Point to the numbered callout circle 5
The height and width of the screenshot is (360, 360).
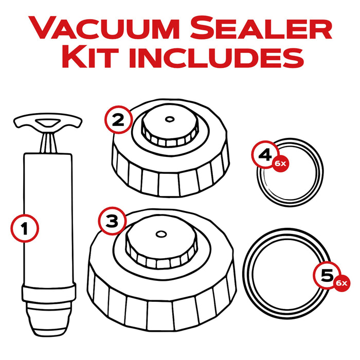pyautogui.click(x=325, y=276)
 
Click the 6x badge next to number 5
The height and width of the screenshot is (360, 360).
pyautogui.click(x=341, y=283)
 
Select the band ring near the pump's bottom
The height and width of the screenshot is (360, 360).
pyautogui.click(x=49, y=294)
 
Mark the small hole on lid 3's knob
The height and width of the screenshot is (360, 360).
pyautogui.click(x=160, y=234)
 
